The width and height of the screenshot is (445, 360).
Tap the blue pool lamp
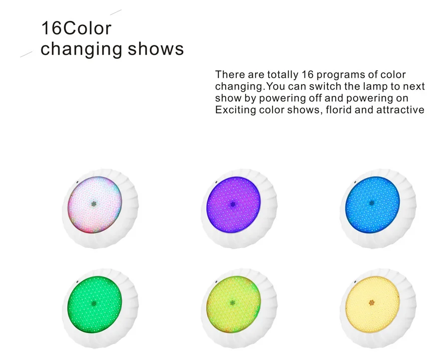click(372, 203)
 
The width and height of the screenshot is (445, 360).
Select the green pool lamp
click(94, 303)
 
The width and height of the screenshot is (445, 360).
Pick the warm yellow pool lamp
click(372, 303)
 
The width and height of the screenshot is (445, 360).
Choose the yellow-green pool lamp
click(233, 303)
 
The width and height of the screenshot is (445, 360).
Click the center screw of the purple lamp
click(233, 204)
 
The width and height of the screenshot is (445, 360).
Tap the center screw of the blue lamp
click(372, 203)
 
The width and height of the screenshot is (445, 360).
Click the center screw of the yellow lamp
click(372, 303)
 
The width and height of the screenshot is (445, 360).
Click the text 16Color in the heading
click(76, 28)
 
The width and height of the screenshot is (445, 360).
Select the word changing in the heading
click(81, 50)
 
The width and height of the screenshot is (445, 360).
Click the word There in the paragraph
click(230, 75)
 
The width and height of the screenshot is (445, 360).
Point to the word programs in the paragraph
click(339, 75)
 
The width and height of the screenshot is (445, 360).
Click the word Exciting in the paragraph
click(235, 110)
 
